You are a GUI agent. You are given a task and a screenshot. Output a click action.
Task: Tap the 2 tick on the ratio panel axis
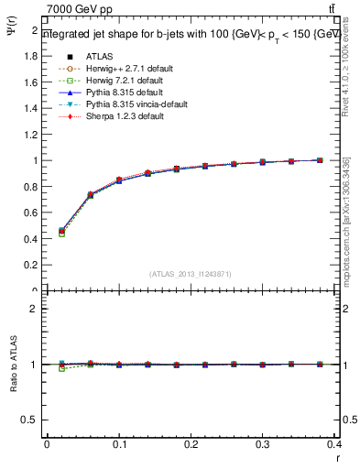35,309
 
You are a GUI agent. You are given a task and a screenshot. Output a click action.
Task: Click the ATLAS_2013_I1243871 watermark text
191,274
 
